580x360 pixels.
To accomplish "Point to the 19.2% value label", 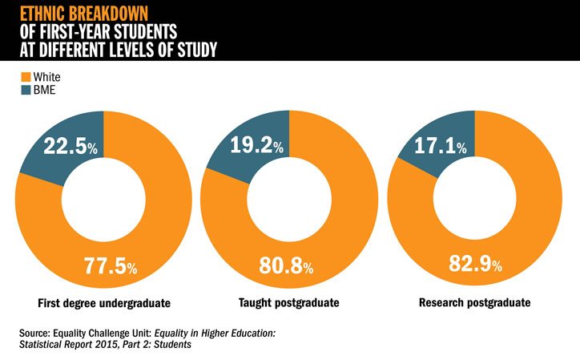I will coord(255,145).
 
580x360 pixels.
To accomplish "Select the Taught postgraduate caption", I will coord(288,304).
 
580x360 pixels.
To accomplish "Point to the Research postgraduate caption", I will coord(475,304).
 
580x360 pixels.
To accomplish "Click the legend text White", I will coord(46,78).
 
